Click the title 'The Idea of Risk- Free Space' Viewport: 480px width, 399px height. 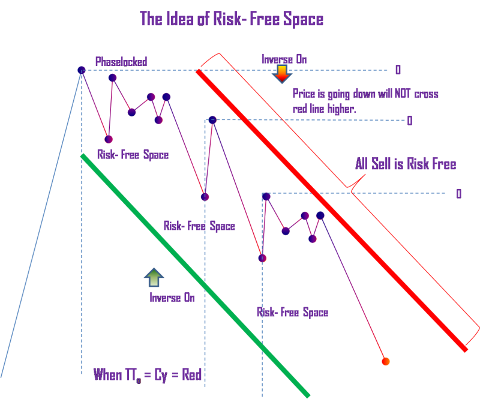coord(232,19)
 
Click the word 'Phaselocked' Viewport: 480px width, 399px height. coord(121,61)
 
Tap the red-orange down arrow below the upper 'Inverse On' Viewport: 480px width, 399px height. coord(281,74)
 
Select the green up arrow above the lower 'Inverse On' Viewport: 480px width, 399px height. coord(154,277)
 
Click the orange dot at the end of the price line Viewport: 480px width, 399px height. coord(386,361)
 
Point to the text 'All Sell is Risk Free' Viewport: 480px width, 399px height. coord(405,164)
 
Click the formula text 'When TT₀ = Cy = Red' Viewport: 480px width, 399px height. coord(147,376)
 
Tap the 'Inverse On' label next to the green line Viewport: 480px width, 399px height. coord(172,298)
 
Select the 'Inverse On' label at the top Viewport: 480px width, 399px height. coord(284,59)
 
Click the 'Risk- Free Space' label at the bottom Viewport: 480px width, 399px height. coord(292,313)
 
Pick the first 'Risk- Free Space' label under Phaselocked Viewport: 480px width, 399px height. coord(133,155)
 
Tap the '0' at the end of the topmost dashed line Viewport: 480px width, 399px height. coord(398,70)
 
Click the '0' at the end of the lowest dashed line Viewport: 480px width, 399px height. coord(459,194)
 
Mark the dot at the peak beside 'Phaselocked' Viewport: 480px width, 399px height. coord(82,70)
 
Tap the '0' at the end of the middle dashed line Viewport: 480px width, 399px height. coord(410,121)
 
